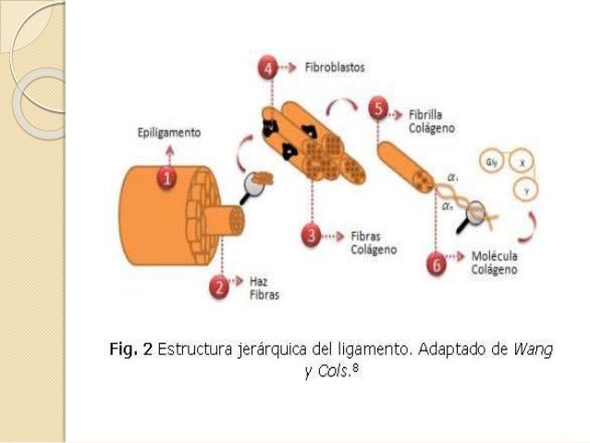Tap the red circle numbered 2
pos(220,287)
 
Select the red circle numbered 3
pos(313,239)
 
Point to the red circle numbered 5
pos(377,109)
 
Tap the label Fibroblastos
pos(335,68)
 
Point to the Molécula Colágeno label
pos(494,263)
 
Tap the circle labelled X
pos(524,161)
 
